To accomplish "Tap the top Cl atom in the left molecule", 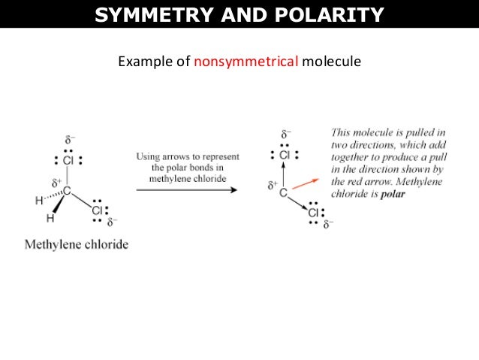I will tap(68, 159).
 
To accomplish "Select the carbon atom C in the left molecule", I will tap(66, 191).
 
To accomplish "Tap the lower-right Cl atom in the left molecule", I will tap(97, 210).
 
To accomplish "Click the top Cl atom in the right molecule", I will tap(285, 156).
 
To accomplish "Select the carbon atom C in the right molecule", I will tap(284, 193).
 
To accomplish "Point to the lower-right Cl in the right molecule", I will tap(314, 213).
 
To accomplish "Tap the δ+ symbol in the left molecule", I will tap(56, 182).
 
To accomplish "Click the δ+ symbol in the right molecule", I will tap(274, 183).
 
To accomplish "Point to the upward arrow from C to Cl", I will tap(284, 175).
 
